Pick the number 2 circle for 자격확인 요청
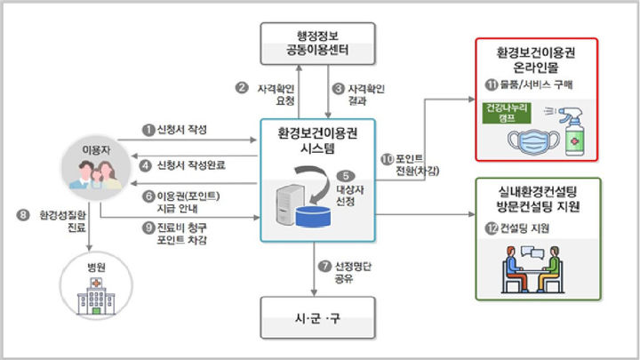tap(241, 87)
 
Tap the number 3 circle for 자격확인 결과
tap(338, 88)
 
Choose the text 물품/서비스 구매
tap(539, 84)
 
